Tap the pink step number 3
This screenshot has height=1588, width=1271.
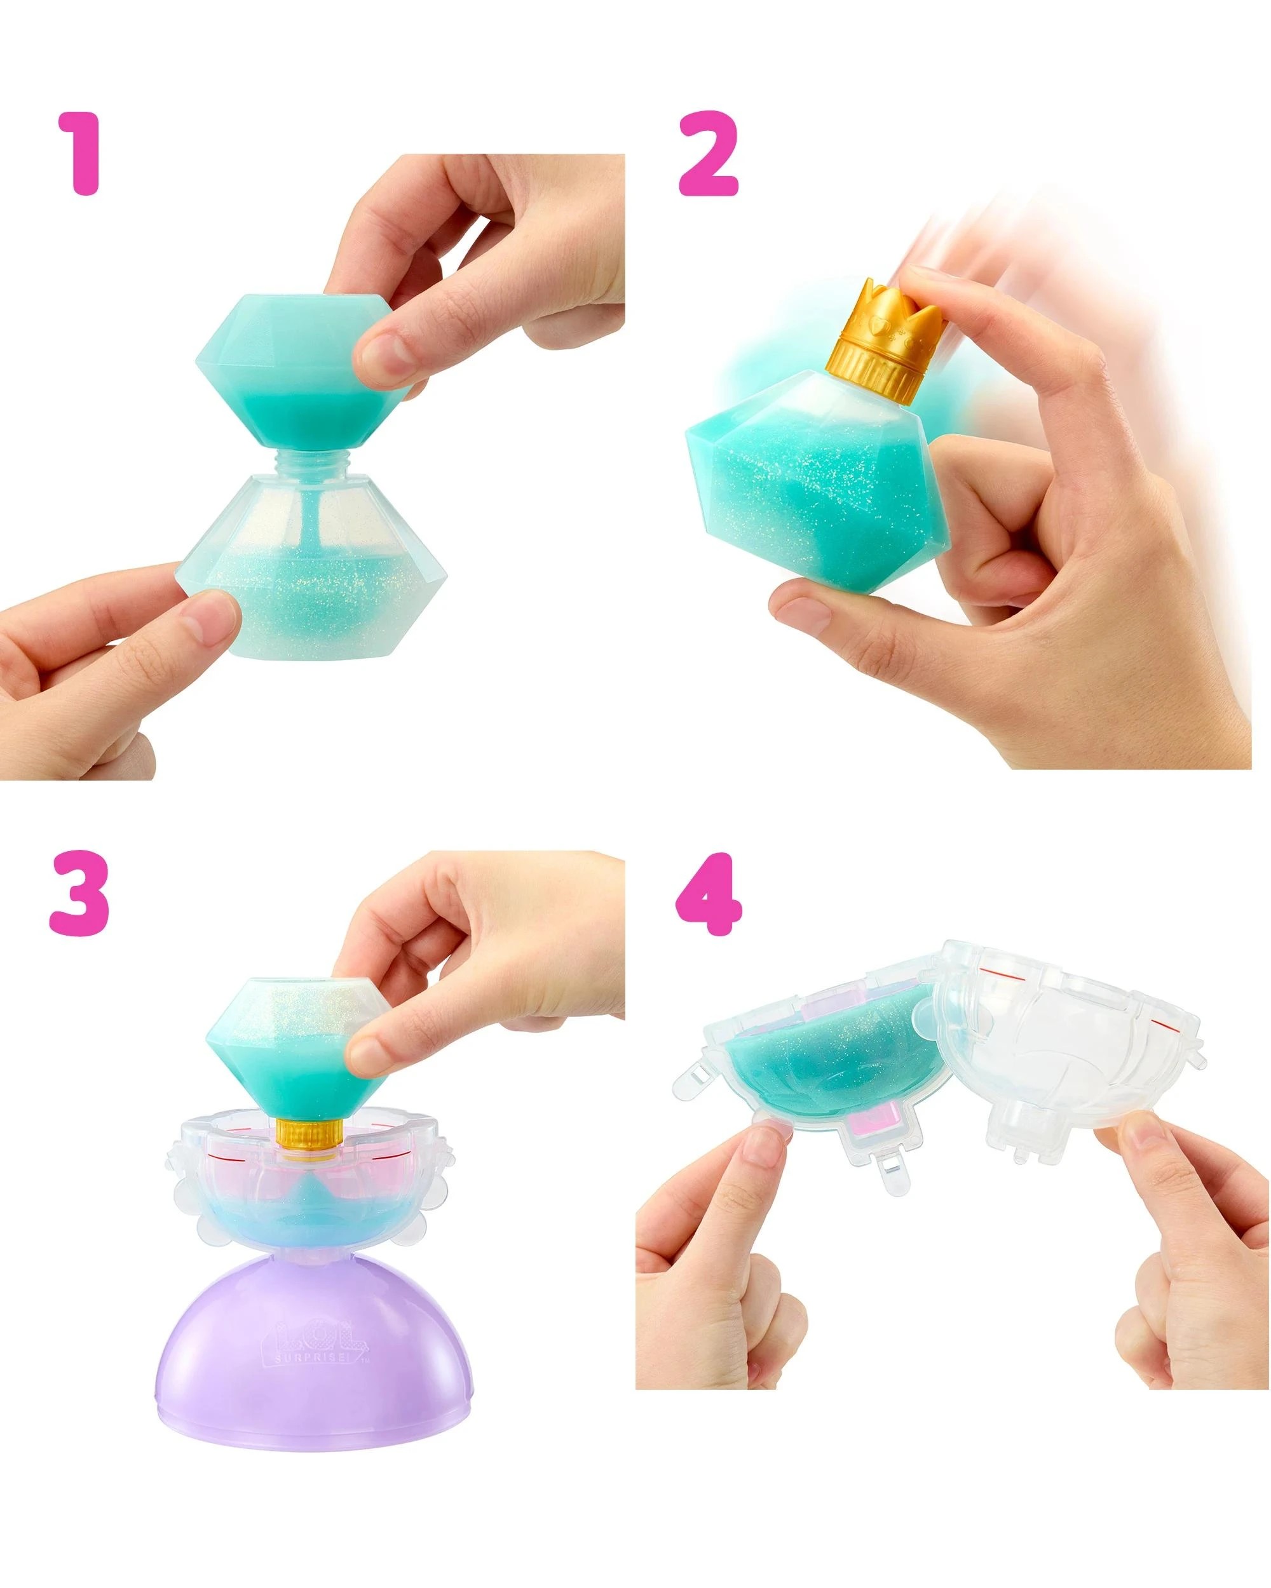79,892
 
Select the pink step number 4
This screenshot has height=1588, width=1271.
708,892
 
